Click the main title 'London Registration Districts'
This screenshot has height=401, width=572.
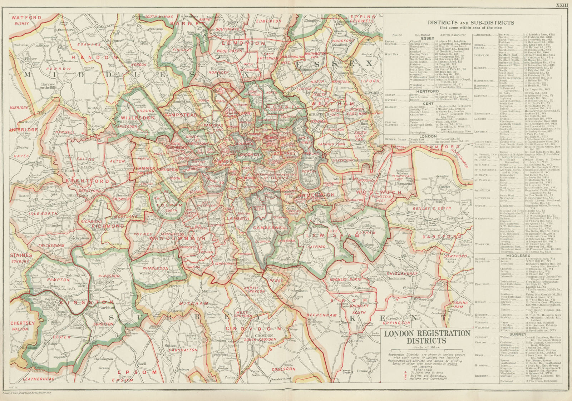coord(427,337)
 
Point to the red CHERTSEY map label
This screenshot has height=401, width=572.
coord(23,323)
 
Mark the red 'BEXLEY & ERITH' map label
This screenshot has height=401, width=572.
coord(427,208)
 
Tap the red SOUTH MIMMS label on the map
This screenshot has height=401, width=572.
coord(157,16)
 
